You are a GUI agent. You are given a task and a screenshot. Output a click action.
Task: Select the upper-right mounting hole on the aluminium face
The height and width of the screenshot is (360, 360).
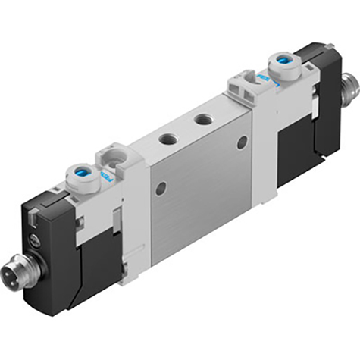pyautogui.click(x=243, y=142)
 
